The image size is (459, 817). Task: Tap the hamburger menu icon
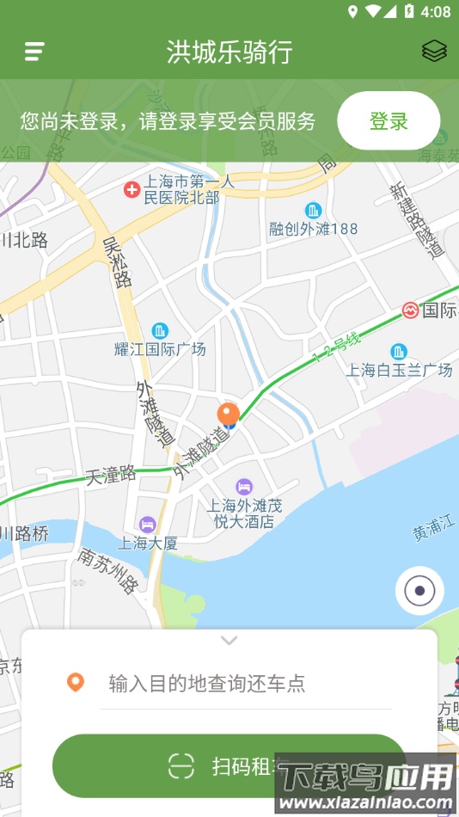pyautogui.click(x=34, y=52)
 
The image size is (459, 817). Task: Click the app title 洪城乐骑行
pyautogui.click(x=229, y=52)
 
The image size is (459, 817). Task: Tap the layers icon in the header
pyautogui.click(x=434, y=52)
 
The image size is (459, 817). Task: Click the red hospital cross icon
pyautogui.click(x=132, y=189)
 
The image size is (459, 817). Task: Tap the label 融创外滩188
pyautogui.click(x=314, y=229)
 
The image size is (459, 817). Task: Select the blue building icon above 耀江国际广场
pyautogui.click(x=160, y=330)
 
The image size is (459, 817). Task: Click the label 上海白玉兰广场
pyautogui.click(x=399, y=371)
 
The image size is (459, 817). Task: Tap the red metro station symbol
pyautogui.click(x=410, y=310)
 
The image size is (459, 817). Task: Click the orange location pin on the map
pyautogui.click(x=228, y=414)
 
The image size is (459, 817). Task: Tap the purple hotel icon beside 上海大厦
pyautogui.click(x=148, y=524)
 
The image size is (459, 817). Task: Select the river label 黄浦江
pyautogui.click(x=433, y=531)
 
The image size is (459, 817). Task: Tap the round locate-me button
pyautogui.click(x=419, y=591)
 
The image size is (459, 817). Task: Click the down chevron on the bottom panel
pyautogui.click(x=229, y=640)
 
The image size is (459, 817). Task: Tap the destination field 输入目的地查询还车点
pyautogui.click(x=207, y=684)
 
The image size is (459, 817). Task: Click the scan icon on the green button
pyautogui.click(x=181, y=765)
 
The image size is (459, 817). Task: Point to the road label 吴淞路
pyautogui.click(x=116, y=262)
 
